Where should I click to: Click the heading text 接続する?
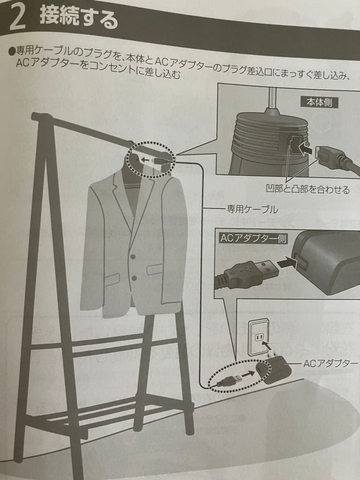click(79, 19)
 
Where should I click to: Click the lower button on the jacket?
click(134, 278)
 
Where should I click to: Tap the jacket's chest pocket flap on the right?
click(155, 269)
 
